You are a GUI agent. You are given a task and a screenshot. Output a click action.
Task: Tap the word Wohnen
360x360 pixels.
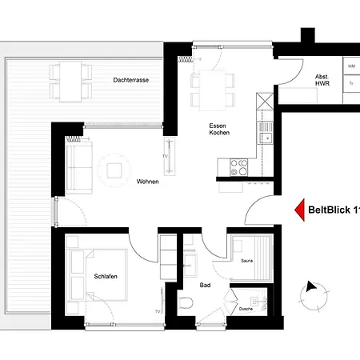coord(147,182)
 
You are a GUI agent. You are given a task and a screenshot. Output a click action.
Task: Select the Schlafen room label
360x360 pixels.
coord(106,277)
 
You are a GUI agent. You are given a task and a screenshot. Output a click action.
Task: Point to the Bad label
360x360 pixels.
coord(205,284)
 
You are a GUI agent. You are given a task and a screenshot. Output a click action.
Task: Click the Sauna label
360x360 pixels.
coord(247,261)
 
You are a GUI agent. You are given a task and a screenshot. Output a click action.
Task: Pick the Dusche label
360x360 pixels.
coord(246,309)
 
